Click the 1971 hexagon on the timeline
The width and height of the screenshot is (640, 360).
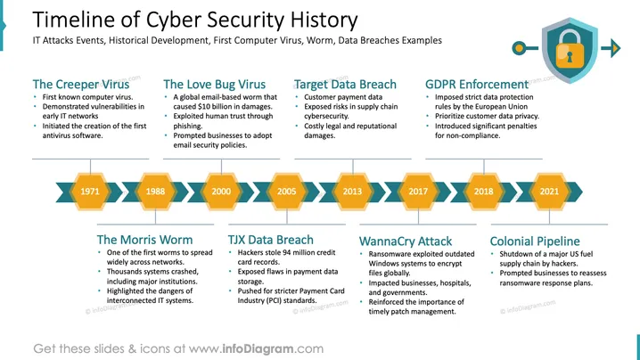click(90, 192)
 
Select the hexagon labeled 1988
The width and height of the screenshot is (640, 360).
click(155, 192)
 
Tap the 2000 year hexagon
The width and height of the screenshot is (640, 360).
click(221, 192)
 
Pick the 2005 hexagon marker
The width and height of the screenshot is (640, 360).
click(286, 192)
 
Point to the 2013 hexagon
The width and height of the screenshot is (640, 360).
click(352, 192)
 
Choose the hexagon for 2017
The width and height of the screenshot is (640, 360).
click(418, 192)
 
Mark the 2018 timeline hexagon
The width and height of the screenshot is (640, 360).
click(484, 192)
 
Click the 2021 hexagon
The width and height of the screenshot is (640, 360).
click(549, 192)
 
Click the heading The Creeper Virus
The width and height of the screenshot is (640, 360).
click(81, 84)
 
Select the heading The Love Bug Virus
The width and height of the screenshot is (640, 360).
click(214, 84)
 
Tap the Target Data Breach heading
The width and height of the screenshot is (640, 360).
click(345, 84)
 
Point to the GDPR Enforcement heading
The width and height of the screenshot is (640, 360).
click(477, 84)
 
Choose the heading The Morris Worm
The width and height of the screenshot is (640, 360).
click(144, 240)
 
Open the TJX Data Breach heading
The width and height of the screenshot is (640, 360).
click(271, 240)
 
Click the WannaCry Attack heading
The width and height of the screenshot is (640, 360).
click(406, 241)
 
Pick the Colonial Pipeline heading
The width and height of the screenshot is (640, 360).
click(535, 241)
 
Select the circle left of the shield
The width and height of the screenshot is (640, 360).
click(519, 48)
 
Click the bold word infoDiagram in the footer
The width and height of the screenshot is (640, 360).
click(258, 349)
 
